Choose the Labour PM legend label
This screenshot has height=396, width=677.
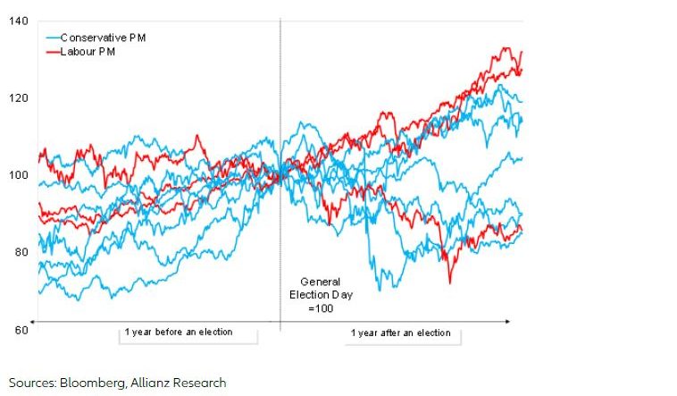tap(88, 51)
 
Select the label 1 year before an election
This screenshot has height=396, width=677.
tap(179, 333)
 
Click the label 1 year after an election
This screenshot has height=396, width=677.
tap(400, 333)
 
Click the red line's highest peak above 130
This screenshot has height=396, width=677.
tap(506, 48)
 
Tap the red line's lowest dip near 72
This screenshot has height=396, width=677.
tap(449, 282)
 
